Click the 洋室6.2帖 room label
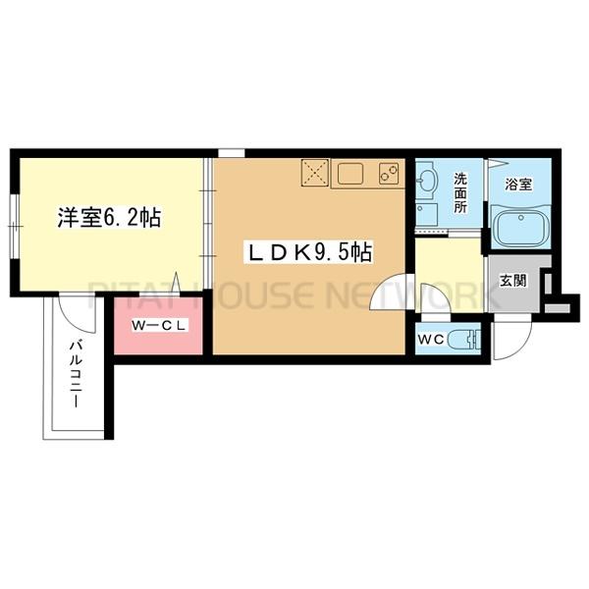click(108, 219)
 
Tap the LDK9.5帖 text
click(307, 252)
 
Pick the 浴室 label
click(518, 183)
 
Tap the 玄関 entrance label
click(513, 280)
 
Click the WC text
click(432, 340)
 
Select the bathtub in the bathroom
click(517, 228)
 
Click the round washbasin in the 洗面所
click(427, 181)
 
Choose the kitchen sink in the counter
click(348, 175)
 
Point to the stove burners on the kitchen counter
click(388, 175)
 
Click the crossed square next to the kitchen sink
click(314, 174)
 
